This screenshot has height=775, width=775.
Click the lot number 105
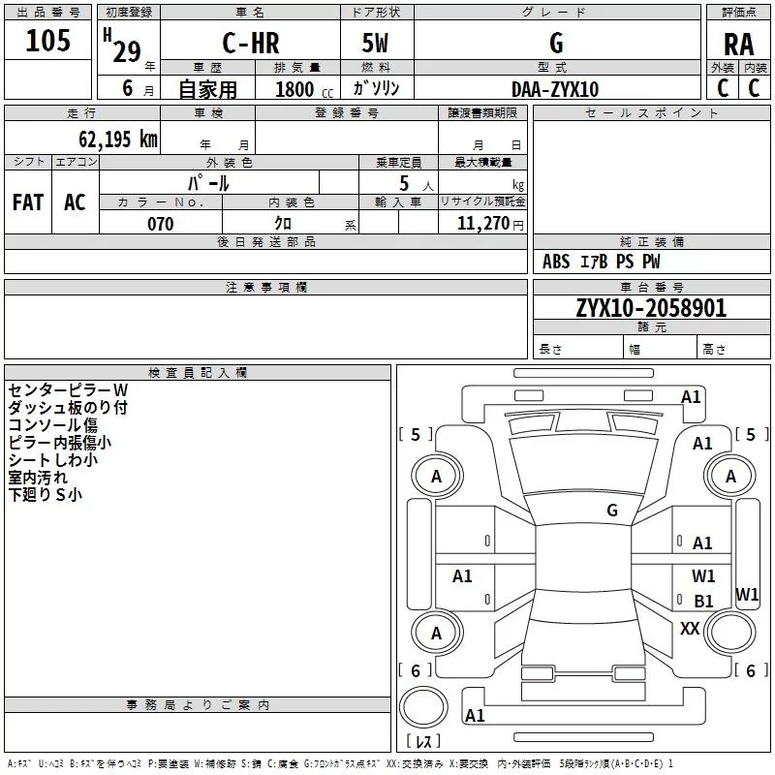pyautogui.click(x=47, y=42)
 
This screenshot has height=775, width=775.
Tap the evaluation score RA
pyautogui.click(x=738, y=45)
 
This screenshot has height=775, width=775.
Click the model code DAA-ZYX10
pyautogui.click(x=555, y=89)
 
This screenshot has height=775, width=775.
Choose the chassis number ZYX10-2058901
pyautogui.click(x=651, y=309)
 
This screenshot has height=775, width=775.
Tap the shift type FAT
pyautogui.click(x=28, y=201)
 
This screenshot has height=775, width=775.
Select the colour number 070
pyautogui.click(x=160, y=224)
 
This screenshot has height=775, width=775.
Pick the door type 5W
pyautogui.click(x=375, y=44)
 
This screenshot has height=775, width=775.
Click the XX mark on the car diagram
pyautogui.click(x=690, y=629)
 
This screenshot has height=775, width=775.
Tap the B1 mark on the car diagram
pyautogui.click(x=703, y=602)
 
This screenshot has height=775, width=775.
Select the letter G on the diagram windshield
pyautogui.click(x=611, y=511)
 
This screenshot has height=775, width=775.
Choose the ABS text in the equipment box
pyautogui.click(x=556, y=262)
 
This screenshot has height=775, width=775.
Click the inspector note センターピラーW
pyautogui.click(x=68, y=390)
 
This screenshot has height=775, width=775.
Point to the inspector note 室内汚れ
pyautogui.click(x=39, y=478)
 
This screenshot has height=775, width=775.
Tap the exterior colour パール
pyautogui.click(x=208, y=183)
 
